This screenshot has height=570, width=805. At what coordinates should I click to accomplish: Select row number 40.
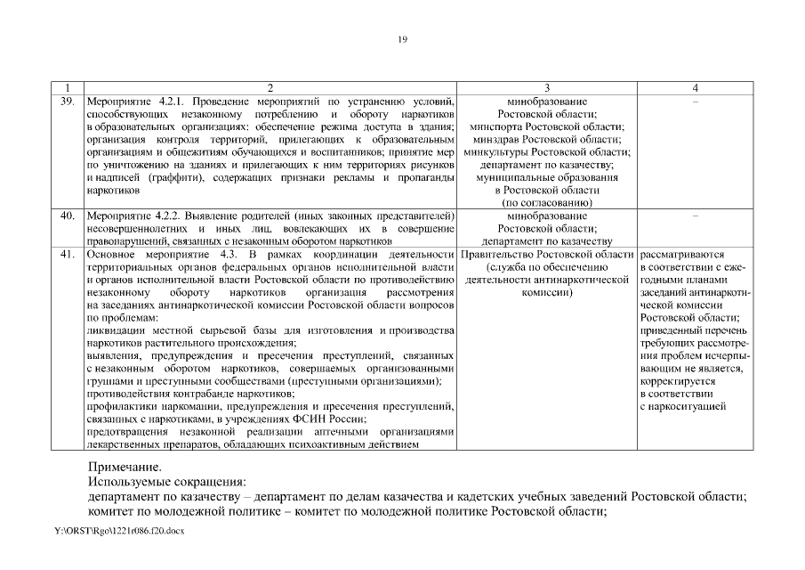coord(67,216)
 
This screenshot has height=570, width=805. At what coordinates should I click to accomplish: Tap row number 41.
coord(67,254)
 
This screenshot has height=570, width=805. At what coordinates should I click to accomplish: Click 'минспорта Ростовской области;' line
coord(547,127)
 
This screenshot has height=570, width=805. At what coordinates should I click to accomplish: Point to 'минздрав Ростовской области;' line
coord(547,140)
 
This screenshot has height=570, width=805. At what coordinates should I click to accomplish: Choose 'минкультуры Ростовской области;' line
coord(547,152)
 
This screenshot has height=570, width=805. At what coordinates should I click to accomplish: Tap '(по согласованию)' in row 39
coord(547,203)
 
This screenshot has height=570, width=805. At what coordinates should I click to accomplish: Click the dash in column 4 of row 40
coord(695,216)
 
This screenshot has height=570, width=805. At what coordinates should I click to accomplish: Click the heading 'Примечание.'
coord(125,467)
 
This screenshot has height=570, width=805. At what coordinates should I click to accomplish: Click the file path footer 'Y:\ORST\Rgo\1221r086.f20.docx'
coord(119,532)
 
